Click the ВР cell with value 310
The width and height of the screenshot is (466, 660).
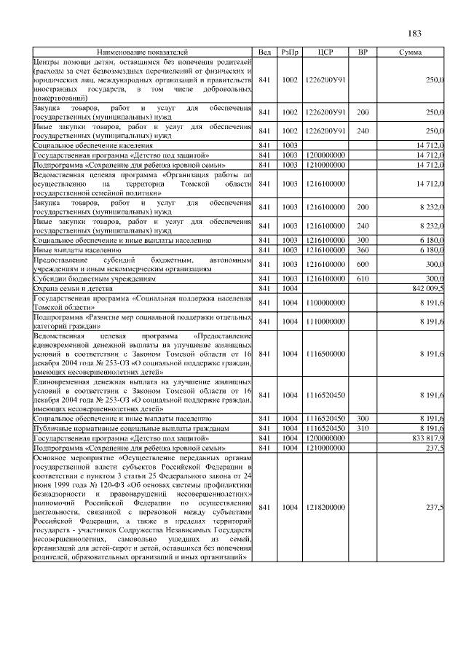(363, 428)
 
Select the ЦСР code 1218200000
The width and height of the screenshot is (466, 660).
(325, 506)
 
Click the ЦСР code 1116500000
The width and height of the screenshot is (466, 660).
(325, 354)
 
